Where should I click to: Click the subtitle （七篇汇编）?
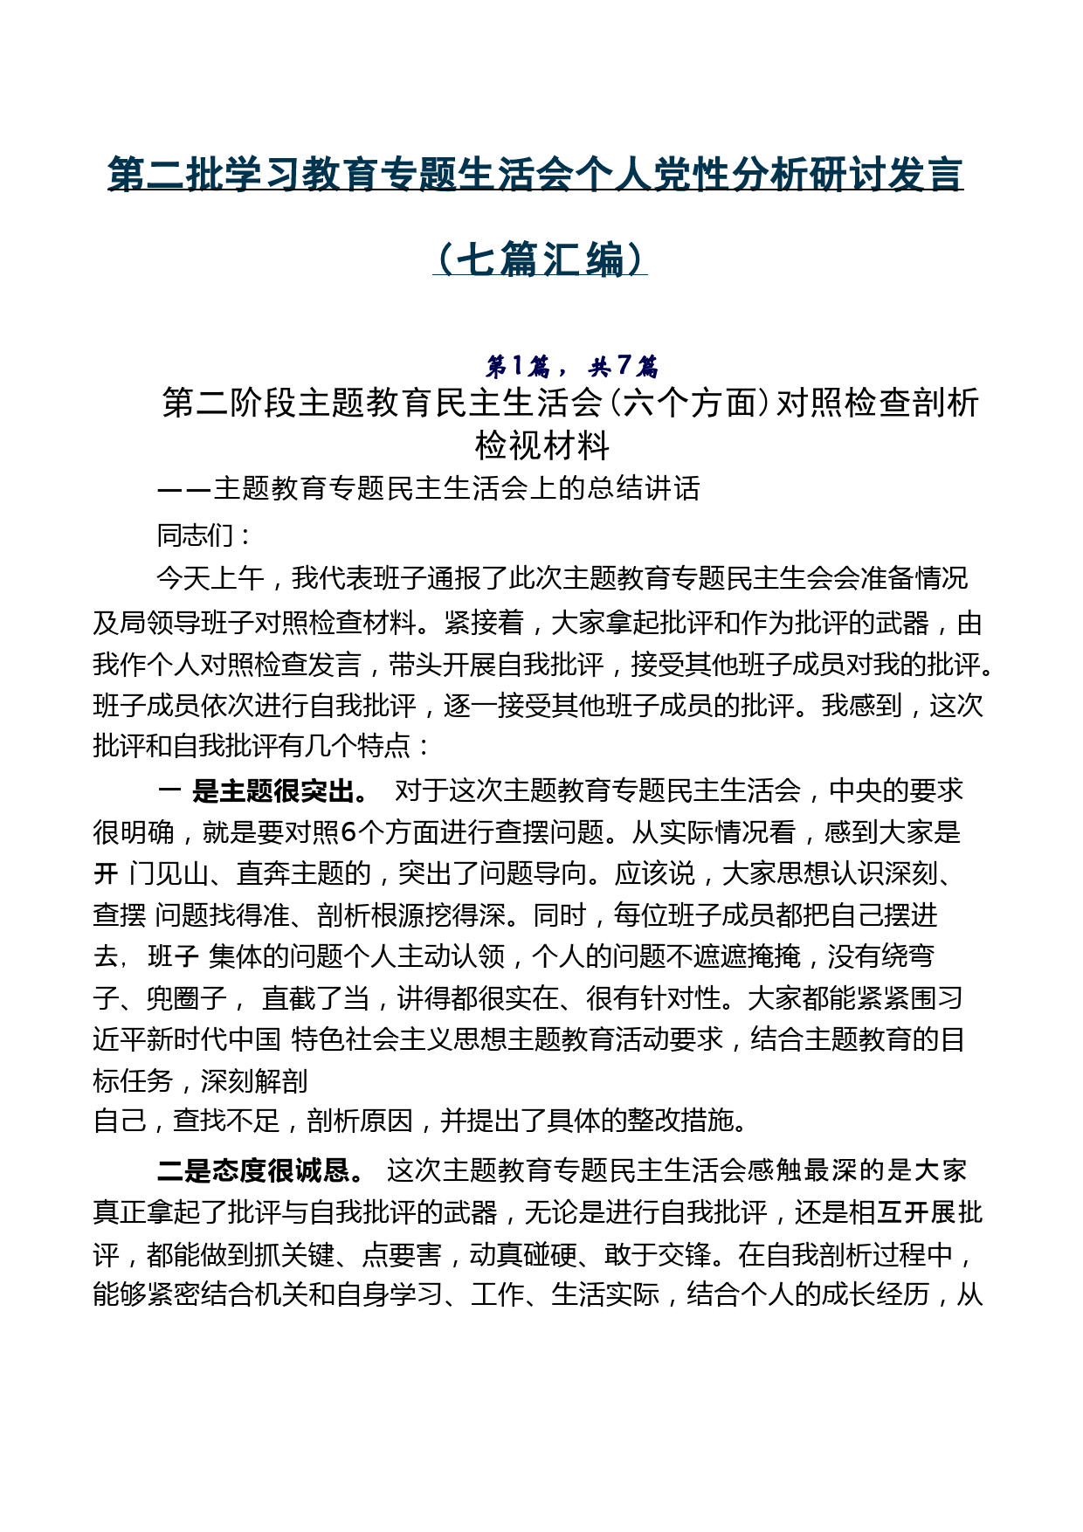tap(540, 259)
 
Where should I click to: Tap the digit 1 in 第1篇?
tap(517, 365)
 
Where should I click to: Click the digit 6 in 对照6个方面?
tap(348, 832)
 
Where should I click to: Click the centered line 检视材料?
tap(541, 446)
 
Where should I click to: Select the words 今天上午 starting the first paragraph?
tap(210, 578)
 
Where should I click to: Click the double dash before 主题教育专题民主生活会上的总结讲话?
tap(183, 488)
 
